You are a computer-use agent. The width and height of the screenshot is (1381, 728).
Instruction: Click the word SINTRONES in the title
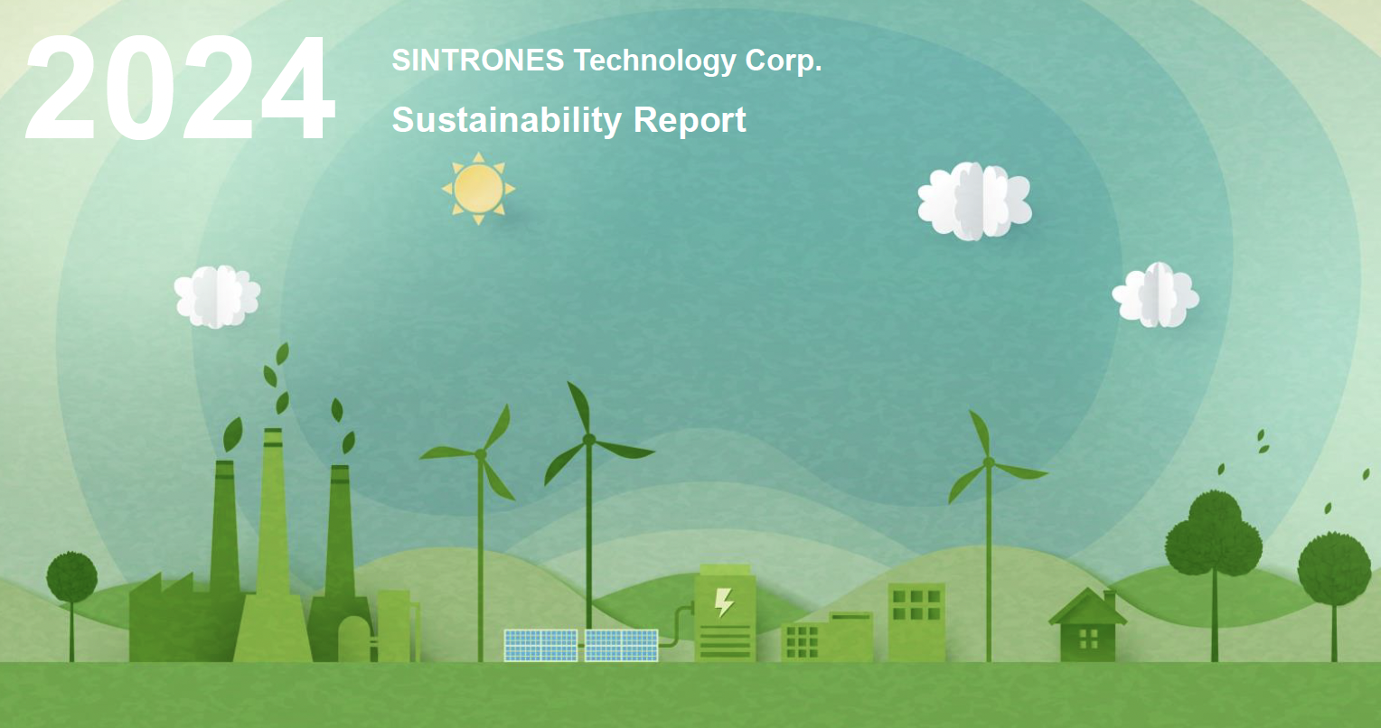coord(478,61)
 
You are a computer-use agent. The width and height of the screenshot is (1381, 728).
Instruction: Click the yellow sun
coord(478,188)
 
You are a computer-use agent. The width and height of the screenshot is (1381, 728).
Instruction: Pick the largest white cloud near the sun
coord(974,201)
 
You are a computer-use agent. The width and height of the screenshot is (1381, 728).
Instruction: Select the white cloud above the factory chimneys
coord(217,296)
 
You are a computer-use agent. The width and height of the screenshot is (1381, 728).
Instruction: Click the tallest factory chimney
coord(273,542)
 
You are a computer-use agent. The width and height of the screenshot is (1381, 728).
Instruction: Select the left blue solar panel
coord(540,645)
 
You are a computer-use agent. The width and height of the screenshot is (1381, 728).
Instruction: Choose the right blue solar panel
coord(621,645)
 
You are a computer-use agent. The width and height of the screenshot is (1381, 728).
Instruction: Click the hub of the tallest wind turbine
coord(588,439)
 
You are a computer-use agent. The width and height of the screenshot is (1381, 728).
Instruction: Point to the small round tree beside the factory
coord(71,578)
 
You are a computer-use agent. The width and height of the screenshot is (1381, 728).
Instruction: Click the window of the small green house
coord(1088,638)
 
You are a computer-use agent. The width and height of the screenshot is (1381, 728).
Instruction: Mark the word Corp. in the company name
coord(784,61)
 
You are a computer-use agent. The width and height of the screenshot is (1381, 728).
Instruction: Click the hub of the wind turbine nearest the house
coord(988,462)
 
